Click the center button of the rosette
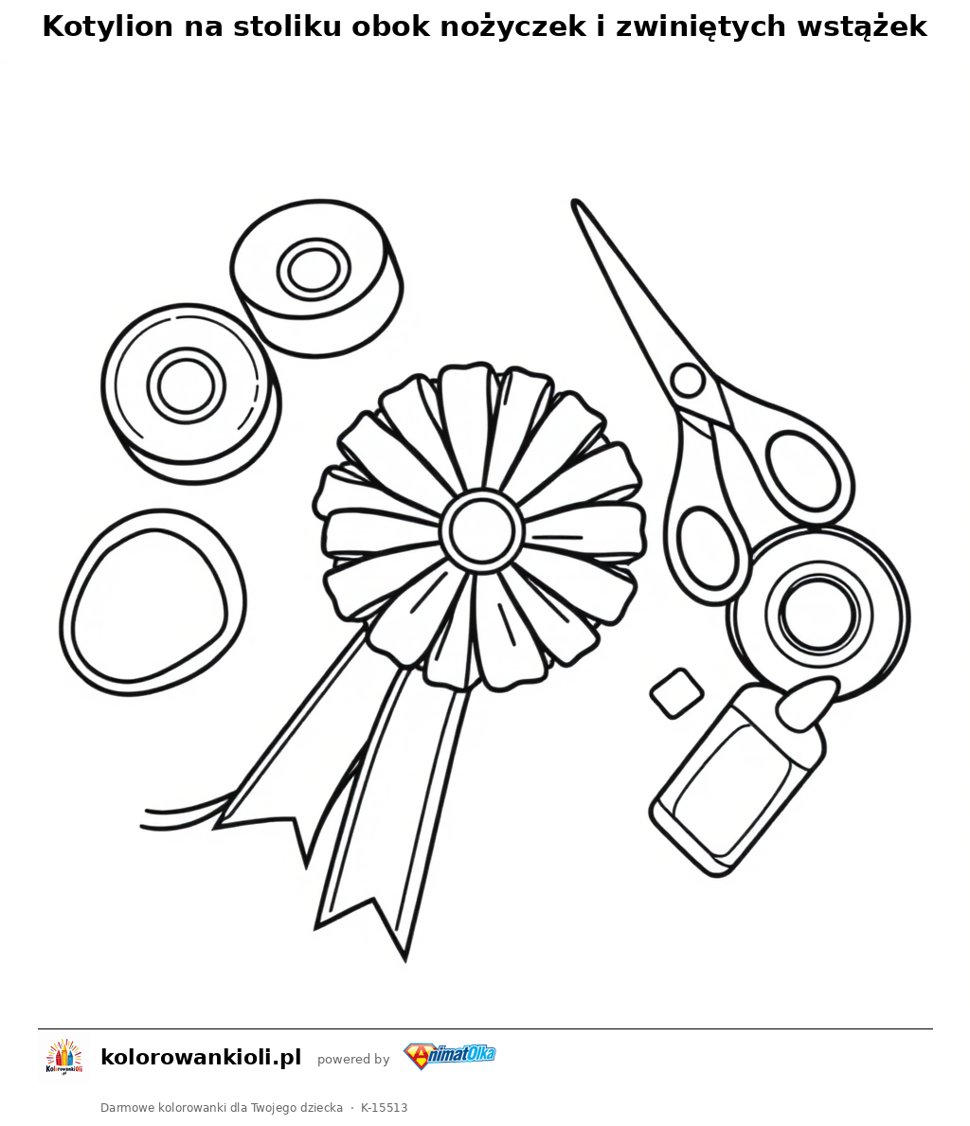coord(480,530)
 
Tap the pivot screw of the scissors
coord(688,380)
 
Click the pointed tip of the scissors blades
coord(576,204)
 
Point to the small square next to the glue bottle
coord(676,693)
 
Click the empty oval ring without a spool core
coord(153,602)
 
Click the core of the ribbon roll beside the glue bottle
coord(818,614)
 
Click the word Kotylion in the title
coord(109,27)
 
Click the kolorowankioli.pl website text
coord(201,1057)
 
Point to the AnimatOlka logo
coord(450,1056)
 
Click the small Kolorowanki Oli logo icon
coord(64,1057)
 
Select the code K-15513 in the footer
coord(385,1108)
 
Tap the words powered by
coord(353,1059)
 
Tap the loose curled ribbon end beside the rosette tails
coord(186,815)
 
